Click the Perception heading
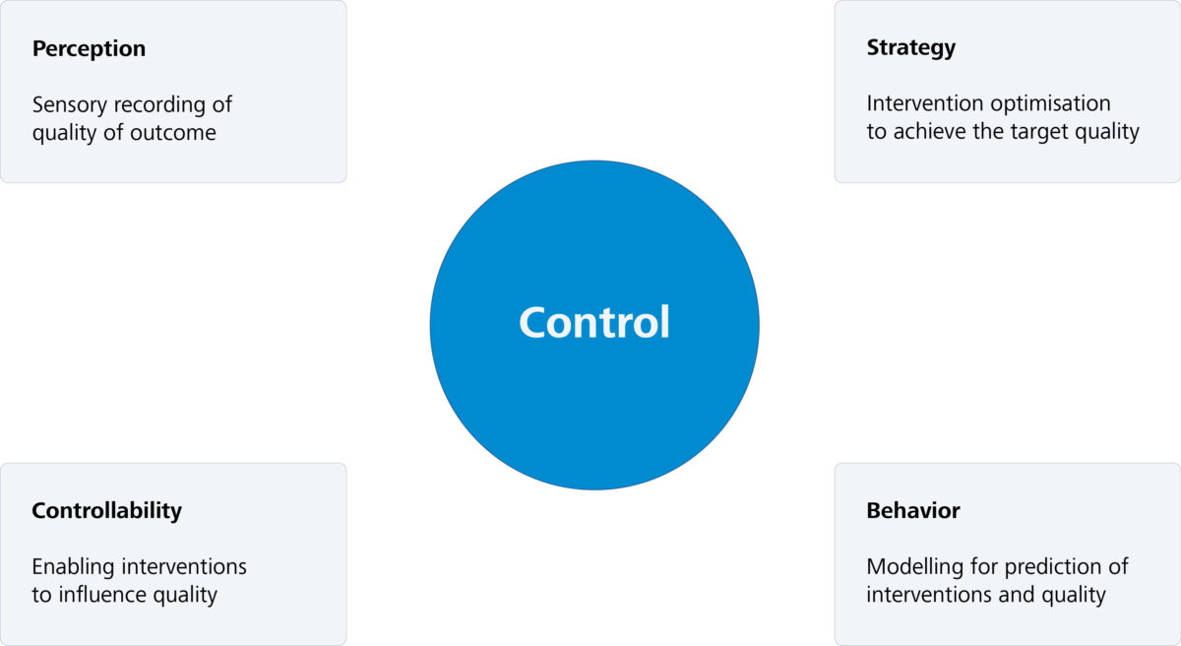89,48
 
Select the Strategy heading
910,47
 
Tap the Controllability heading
106,510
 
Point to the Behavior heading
912,510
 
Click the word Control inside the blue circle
594,323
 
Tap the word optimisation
1051,103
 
